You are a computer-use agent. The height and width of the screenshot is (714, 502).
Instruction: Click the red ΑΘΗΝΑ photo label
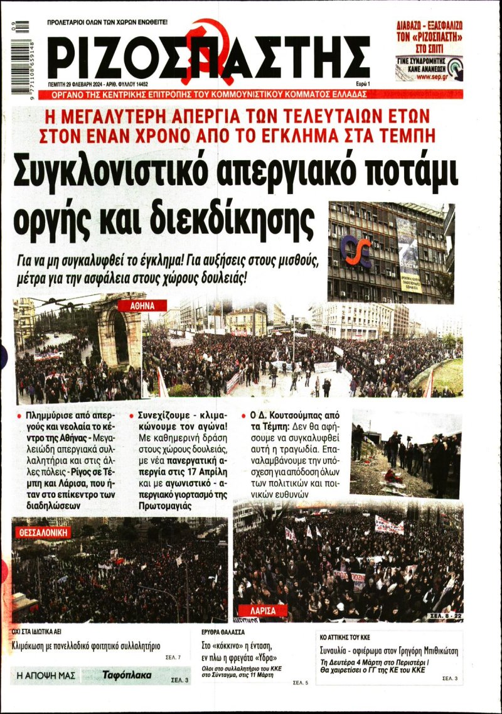pyautogui.click(x=148, y=306)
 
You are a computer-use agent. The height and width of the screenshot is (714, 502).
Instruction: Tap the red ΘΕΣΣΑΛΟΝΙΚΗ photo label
pyautogui.click(x=43, y=533)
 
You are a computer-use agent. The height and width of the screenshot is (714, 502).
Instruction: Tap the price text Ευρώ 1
pyautogui.click(x=360, y=84)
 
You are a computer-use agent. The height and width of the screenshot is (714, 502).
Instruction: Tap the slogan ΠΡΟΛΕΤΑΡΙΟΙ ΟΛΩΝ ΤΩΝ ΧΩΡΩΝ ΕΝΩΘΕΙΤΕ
pyautogui.click(x=107, y=23)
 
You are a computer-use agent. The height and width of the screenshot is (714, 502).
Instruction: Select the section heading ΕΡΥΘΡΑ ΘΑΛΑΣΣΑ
pyautogui.click(x=223, y=632)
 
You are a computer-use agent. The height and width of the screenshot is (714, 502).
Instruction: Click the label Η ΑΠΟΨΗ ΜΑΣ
pyautogui.click(x=46, y=676)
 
